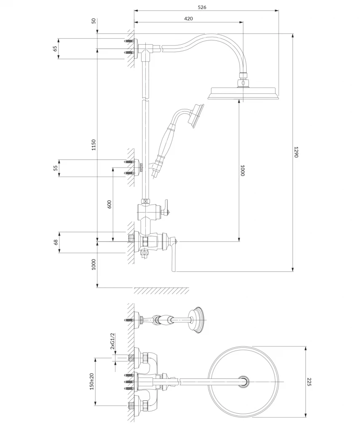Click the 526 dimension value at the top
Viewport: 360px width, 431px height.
206,7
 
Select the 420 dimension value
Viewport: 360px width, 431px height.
188,19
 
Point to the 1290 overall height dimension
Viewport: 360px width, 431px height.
296,152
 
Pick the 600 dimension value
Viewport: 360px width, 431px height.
109,204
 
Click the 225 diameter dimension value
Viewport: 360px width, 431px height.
309,382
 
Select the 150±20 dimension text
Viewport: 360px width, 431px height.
92,382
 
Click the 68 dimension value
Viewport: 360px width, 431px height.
55,242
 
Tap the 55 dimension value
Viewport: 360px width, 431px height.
55,168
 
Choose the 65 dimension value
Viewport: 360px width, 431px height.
55,48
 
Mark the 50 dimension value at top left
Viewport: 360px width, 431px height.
93,21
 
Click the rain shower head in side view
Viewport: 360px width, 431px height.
243,93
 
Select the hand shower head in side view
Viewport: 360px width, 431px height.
197,114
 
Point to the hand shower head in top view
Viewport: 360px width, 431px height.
197,319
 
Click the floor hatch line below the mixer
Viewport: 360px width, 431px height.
161,291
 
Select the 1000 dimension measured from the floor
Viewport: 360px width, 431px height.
94,264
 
